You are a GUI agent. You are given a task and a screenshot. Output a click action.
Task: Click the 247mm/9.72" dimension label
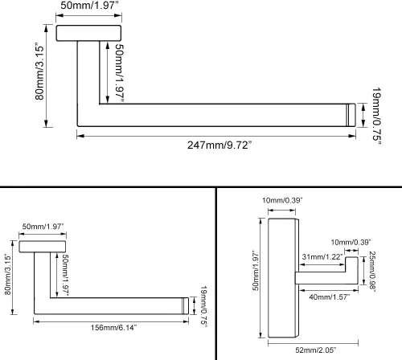(219, 145)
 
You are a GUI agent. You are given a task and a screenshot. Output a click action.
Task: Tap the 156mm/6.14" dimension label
(113, 327)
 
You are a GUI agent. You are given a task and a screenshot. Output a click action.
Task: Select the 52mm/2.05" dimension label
(316, 350)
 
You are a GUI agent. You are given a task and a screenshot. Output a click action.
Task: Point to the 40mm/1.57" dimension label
(330, 297)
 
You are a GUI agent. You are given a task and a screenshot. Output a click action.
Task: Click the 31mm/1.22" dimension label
(322, 256)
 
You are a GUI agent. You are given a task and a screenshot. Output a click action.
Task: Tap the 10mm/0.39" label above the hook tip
(351, 242)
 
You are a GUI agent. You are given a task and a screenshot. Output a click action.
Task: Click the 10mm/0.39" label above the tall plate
(282, 200)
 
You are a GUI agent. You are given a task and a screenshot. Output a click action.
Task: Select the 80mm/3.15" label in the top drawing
(39, 72)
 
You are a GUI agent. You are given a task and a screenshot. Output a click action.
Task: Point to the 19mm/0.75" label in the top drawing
(376, 116)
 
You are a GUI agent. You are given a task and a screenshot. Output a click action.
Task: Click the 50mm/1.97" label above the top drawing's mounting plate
(89, 5)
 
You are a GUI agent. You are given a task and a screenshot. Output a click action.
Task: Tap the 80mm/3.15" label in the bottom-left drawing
(8, 274)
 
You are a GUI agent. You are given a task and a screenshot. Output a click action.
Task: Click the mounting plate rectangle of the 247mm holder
(88, 33)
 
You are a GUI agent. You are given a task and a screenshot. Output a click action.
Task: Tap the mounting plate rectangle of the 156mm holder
(43, 247)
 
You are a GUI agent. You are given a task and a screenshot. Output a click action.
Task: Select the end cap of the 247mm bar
(351, 115)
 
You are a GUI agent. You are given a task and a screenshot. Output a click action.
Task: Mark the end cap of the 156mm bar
(185, 306)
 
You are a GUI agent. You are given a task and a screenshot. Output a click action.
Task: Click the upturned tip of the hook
(351, 264)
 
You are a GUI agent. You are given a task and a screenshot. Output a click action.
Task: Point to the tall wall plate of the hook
(284, 278)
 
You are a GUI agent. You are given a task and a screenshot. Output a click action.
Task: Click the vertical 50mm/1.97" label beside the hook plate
(255, 271)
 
